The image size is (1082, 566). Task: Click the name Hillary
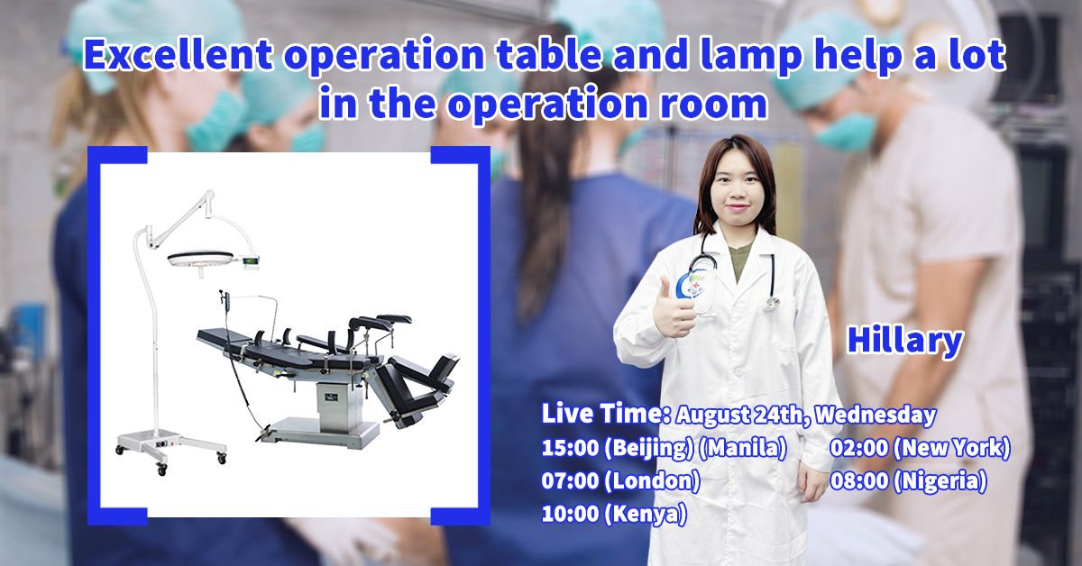[904, 341]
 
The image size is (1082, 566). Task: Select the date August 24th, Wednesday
[805, 415]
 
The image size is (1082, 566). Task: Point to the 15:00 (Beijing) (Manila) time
[665, 448]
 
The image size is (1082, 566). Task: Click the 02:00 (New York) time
[920, 448]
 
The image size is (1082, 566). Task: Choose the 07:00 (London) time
[620, 481]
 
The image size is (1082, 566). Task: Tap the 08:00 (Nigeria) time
[908, 481]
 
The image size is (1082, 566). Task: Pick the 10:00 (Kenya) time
[613, 515]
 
